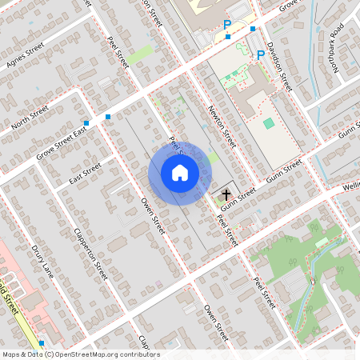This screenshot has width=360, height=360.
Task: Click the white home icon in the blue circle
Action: pos(180,172)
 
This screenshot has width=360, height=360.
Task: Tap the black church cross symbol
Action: pos(226,194)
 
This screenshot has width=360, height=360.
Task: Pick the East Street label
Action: pos(85,172)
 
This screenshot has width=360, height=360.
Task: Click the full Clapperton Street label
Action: pos(90,251)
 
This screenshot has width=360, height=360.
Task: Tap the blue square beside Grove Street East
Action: pos(108,117)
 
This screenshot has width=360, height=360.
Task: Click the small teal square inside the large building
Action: pos(268,123)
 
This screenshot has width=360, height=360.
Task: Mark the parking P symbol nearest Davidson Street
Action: pos(260,54)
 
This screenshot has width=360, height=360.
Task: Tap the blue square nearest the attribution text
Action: pos(42,342)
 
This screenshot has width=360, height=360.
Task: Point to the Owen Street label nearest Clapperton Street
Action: pos(152,215)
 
